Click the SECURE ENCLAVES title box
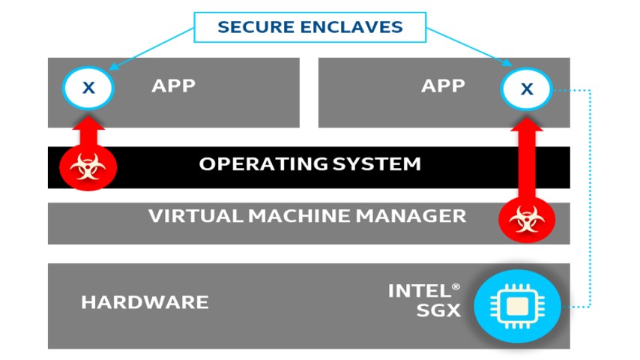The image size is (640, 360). (x=310, y=28)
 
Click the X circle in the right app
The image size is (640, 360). (x=527, y=88)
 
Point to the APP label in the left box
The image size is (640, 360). (x=173, y=85)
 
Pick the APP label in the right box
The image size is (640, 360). (x=443, y=85)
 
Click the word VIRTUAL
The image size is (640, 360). (x=187, y=217)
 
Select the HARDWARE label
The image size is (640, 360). (x=145, y=303)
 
